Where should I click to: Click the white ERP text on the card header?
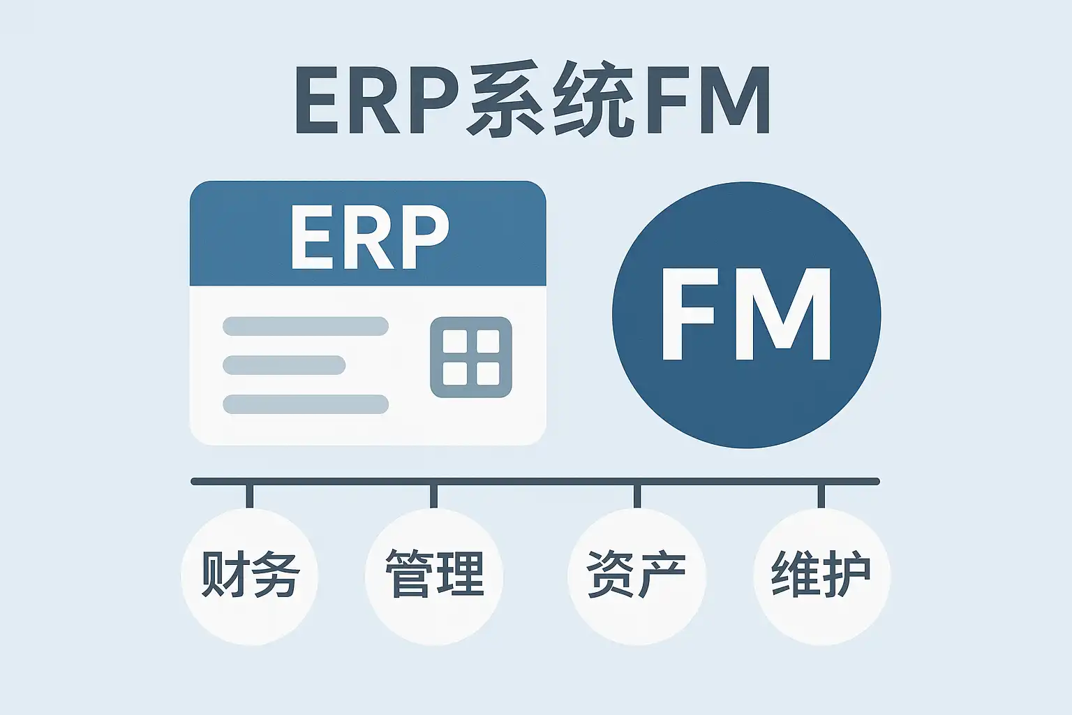tap(368, 237)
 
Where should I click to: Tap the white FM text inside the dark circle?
tap(746, 315)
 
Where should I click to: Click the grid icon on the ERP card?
tap(471, 357)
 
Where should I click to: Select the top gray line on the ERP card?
tap(306, 326)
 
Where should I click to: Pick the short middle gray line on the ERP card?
tap(284, 365)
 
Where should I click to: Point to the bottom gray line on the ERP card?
tap(306, 404)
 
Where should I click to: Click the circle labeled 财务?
tap(250, 576)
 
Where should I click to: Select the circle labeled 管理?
tap(434, 576)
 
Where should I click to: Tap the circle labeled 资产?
tap(636, 576)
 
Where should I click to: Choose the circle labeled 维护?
tap(821, 576)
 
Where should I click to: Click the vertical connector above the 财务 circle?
tap(250, 496)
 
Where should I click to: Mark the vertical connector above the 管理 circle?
tap(434, 496)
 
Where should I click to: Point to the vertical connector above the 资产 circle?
tap(636, 496)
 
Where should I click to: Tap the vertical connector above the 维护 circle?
tap(821, 496)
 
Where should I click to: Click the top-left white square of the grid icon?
tap(455, 342)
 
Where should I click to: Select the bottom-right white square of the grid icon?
tap(487, 374)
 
